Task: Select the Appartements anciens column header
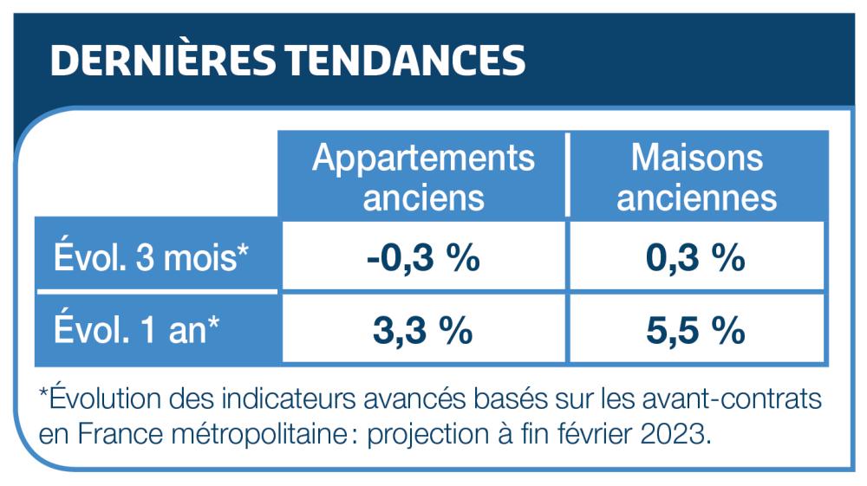coord(423,177)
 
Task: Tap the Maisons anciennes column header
coord(697,177)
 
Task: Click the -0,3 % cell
coord(423,258)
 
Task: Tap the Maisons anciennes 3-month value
coord(697,258)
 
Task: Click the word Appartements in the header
coord(423,159)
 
